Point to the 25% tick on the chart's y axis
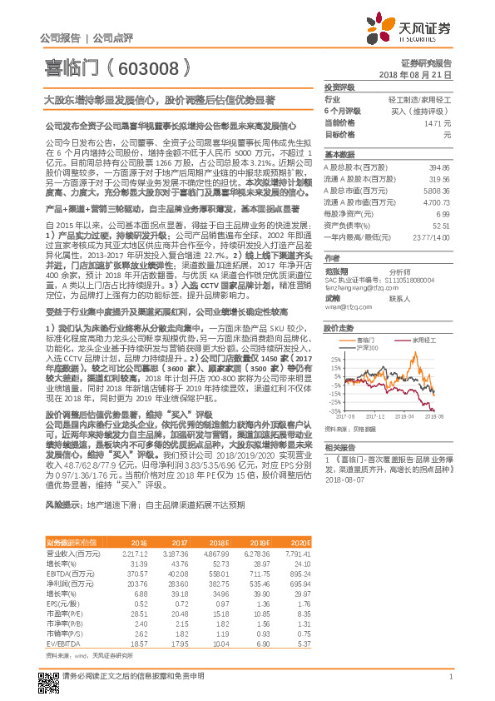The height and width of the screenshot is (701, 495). [x=334, y=351]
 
